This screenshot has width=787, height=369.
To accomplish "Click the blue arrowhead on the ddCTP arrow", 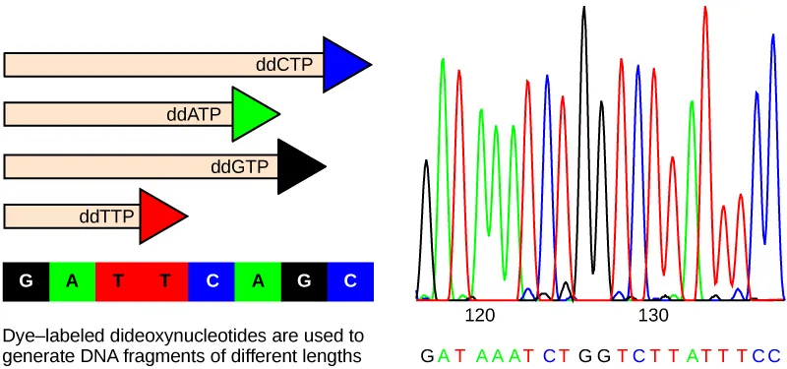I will click(344, 65).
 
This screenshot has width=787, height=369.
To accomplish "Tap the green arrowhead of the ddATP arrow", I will click(253, 114).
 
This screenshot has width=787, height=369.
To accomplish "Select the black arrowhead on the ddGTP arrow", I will click(298, 166).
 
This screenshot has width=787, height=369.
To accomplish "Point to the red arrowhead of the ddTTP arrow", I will click(159, 217).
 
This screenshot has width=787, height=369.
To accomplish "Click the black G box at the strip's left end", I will click(27, 281).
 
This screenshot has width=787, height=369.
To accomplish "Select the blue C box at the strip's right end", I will click(351, 281).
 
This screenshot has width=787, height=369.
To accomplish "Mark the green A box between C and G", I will click(258, 281).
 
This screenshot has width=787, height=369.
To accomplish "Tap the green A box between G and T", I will click(72, 281).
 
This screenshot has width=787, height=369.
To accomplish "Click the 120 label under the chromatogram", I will click(479, 316).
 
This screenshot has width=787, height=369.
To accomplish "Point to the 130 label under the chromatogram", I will click(653, 316).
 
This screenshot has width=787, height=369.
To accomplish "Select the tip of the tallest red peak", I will click(705, 8).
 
